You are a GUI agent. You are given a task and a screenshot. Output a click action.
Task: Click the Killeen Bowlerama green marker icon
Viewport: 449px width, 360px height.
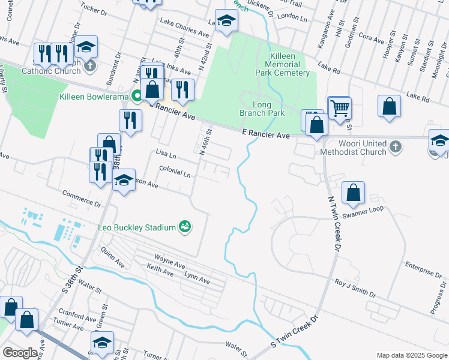[137, 96]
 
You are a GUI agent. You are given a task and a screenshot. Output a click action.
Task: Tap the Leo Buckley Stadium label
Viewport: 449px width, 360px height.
[137, 227]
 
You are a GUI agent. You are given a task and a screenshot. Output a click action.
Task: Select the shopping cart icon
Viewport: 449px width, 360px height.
[340, 109]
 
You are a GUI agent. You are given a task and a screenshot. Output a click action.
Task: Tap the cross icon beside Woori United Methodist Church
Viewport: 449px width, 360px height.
[395, 146]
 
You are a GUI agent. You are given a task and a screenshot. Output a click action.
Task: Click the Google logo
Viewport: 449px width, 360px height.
[20, 353]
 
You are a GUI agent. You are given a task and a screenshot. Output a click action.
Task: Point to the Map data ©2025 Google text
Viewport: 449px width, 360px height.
[411, 355]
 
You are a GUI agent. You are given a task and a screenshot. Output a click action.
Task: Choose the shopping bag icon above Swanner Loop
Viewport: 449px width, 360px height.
[354, 193]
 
